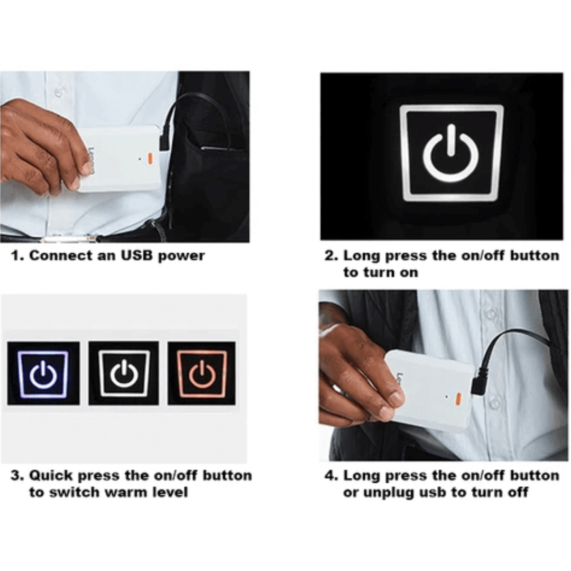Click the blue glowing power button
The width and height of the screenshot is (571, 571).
click(43, 373)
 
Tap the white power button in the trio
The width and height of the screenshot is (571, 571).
click(124, 373)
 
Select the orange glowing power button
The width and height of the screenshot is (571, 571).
click(202, 373)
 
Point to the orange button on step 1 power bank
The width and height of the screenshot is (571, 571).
click(150, 158)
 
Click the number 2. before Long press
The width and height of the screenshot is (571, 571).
click(331, 255)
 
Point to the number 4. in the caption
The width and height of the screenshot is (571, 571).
click(331, 475)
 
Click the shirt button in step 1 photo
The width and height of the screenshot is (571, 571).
click(58, 92)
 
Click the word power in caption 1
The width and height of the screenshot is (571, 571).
click(181, 256)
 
